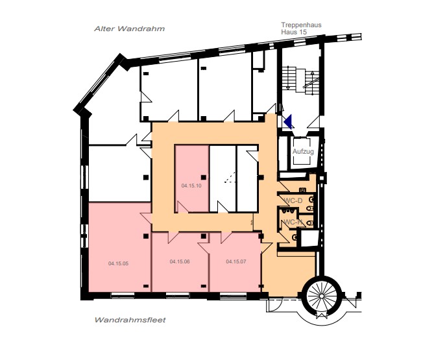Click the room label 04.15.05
(x=118, y=263)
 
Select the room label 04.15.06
(x=180, y=261)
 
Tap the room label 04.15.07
(x=236, y=261)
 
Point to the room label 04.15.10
(x=191, y=186)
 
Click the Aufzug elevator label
(x=303, y=151)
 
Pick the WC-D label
(x=293, y=200)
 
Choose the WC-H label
(x=293, y=222)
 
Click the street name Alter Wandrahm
(x=130, y=29)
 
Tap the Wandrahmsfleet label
(x=130, y=320)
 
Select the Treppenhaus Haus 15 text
(x=301, y=29)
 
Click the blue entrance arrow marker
(x=289, y=121)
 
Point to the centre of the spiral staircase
(x=322, y=296)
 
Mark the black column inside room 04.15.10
(x=204, y=177)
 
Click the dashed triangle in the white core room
(x=230, y=178)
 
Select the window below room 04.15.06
(x=177, y=296)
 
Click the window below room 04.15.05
(x=123, y=296)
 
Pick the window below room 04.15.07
(x=233, y=296)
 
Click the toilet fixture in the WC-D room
(x=311, y=200)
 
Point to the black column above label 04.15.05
(x=146, y=236)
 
